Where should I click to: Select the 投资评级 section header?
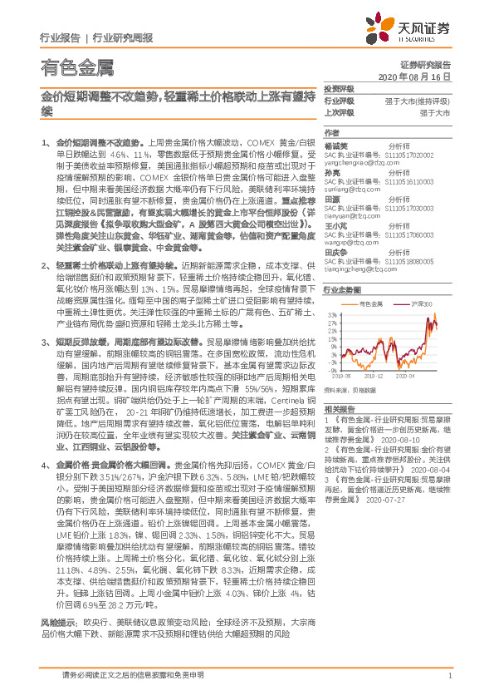click(337, 87)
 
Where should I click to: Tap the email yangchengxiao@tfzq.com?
click(356, 162)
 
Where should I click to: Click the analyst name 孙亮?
click(332, 170)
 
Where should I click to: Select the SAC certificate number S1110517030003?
click(408, 207)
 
